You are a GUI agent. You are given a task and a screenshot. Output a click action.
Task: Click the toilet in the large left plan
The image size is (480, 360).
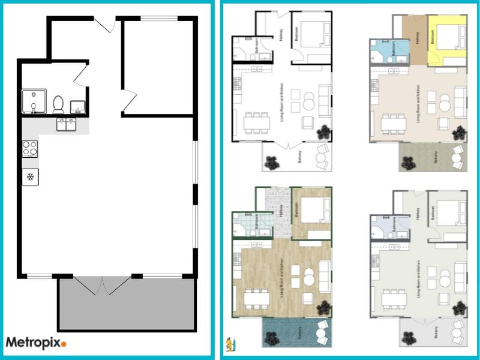coord(59,104)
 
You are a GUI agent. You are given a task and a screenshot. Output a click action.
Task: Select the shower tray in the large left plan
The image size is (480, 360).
coord(34,101)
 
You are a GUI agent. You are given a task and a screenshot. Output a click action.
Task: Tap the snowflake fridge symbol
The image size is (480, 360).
coord(30,176)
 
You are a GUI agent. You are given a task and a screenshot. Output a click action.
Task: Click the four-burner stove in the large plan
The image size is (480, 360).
coord(30,148)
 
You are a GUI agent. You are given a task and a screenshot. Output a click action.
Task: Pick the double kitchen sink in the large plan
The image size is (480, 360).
coord(66,124)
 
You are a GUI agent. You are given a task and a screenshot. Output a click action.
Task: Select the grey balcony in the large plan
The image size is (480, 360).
coord(126,306)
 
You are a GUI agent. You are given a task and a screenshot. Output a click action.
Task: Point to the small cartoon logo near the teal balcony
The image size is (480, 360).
coord(231,345)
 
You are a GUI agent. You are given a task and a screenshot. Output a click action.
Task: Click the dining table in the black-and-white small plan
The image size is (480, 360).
coord(256,123)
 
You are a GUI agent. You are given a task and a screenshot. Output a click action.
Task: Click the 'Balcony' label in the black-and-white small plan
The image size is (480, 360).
coord(298,157)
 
